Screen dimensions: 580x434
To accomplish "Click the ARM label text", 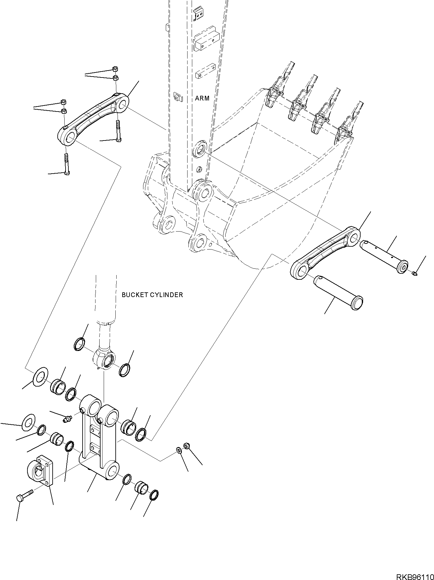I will pyautogui.click(x=202, y=98).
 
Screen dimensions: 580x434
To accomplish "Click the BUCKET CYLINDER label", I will pyautogui.click(x=152, y=295).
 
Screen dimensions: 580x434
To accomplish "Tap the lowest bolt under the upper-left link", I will pyautogui.click(x=67, y=164).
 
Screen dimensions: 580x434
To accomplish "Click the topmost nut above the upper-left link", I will pyautogui.click(x=115, y=69).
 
